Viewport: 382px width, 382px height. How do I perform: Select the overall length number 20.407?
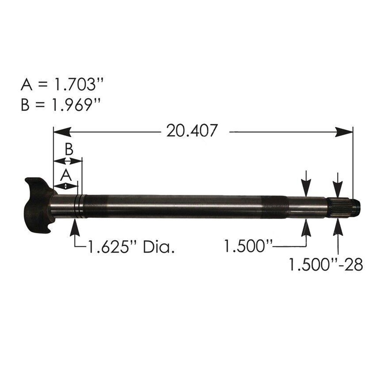[x=192, y=131]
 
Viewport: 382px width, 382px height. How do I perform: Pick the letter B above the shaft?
[x=68, y=150]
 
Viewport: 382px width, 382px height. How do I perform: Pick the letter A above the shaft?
[x=66, y=175]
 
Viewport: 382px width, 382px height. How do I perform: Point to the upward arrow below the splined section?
[x=338, y=227]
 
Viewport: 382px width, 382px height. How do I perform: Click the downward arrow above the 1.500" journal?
[x=306, y=184]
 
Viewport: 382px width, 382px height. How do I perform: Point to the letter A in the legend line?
[x=26, y=85]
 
